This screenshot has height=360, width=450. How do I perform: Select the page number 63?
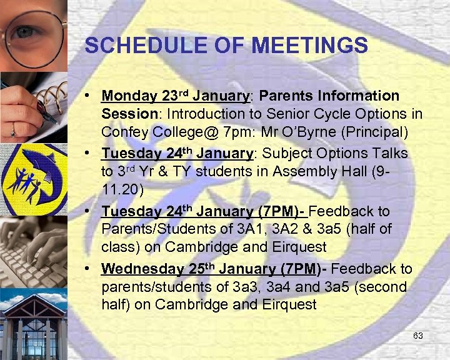[418, 336]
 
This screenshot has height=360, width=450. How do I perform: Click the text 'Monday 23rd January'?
[175, 96]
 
